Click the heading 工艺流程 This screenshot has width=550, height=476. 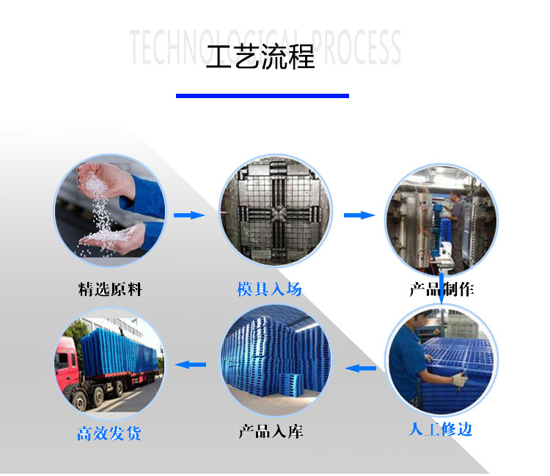pyautogui.click(x=260, y=56)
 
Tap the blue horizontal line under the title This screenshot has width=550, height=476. pyautogui.click(x=263, y=96)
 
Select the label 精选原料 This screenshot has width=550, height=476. pyautogui.click(x=110, y=290)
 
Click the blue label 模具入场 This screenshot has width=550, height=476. pyautogui.click(x=269, y=289)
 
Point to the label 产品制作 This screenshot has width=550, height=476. pyautogui.click(x=441, y=290)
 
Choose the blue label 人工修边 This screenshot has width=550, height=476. pyautogui.click(x=441, y=429)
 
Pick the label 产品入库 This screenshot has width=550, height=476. pyautogui.click(x=271, y=431)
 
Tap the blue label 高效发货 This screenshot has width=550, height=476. pyautogui.click(x=109, y=434)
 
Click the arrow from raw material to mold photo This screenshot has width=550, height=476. pyautogui.click(x=189, y=215)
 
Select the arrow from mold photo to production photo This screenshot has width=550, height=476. pyautogui.click(x=359, y=215)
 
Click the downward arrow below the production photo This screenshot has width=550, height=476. pyautogui.click(x=441, y=289)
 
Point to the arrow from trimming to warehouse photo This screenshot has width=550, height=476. pyautogui.click(x=361, y=368)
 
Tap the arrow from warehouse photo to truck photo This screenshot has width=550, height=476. pyautogui.click(x=191, y=365)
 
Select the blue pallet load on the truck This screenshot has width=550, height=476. pyautogui.click(x=117, y=350)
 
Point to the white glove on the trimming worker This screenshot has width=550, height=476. pyautogui.click(x=460, y=379)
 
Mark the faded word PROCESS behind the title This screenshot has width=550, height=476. pyautogui.click(x=356, y=48)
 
